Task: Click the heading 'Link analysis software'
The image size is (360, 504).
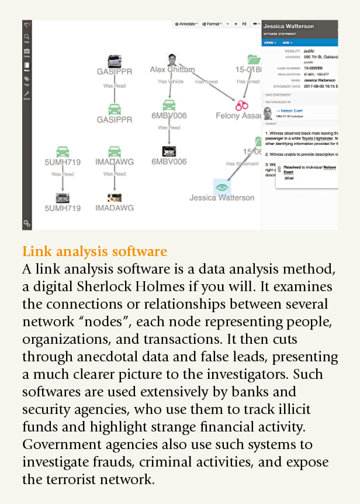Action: (x=95, y=252)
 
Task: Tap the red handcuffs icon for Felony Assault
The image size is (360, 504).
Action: (x=241, y=105)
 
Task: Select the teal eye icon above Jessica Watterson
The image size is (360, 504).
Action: (x=221, y=187)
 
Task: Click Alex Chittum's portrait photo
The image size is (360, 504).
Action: (x=172, y=60)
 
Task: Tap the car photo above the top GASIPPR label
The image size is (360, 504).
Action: (x=115, y=61)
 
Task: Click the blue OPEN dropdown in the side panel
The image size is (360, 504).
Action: (x=269, y=42)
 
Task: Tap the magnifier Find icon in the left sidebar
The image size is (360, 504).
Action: (x=27, y=37)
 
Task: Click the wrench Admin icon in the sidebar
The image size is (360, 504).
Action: (x=27, y=95)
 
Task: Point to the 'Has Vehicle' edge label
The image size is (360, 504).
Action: (x=171, y=82)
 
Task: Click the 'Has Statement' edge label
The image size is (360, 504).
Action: (x=243, y=164)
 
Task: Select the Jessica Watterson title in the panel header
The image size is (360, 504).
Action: (x=288, y=26)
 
